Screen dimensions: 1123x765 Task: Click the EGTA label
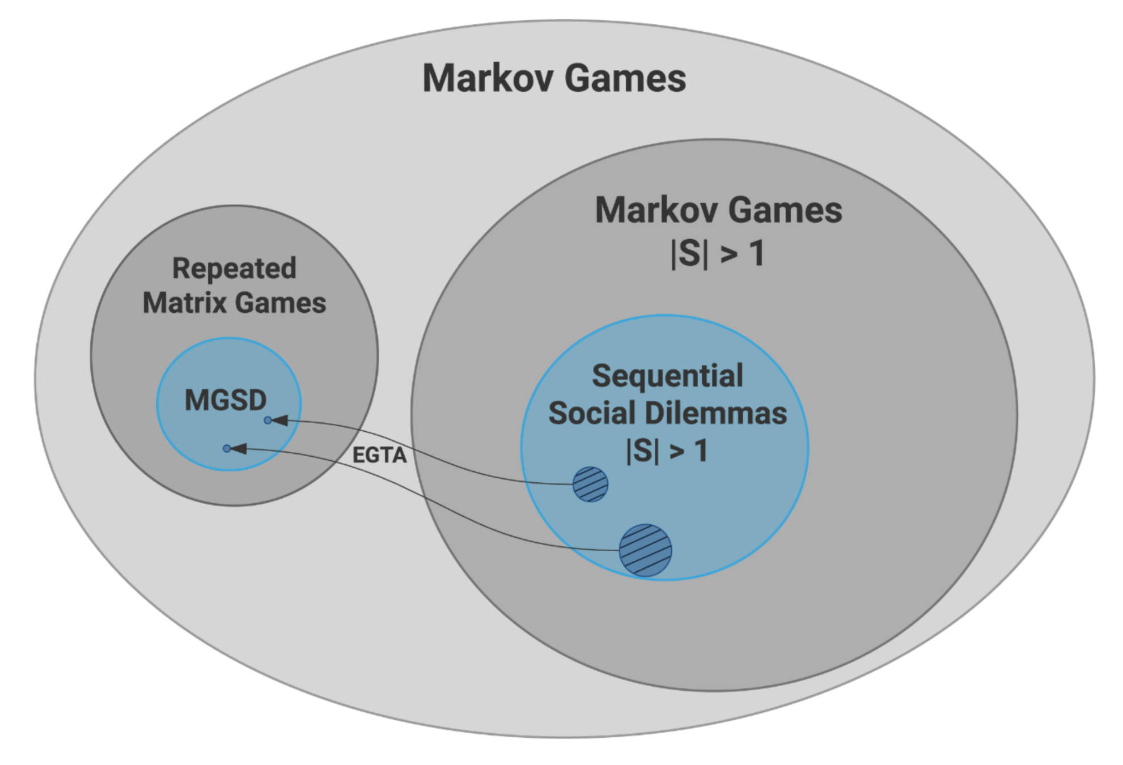point(379,455)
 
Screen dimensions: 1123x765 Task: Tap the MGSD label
point(226,400)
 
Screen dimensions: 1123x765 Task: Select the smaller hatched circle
point(590,484)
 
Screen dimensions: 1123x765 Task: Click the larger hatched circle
point(645,550)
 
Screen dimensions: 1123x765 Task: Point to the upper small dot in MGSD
point(268,420)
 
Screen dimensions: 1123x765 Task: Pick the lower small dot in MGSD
point(227,449)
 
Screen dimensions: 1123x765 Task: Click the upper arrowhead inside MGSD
point(279,420)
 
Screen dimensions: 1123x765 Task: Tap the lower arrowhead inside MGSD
point(239,449)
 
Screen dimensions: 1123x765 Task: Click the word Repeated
point(234,269)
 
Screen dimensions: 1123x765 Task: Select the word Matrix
point(185,303)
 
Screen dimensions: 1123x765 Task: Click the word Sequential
point(667,376)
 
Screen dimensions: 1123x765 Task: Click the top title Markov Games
point(554,78)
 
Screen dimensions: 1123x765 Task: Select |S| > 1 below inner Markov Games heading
point(718,253)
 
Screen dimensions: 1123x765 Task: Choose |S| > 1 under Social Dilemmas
point(667,452)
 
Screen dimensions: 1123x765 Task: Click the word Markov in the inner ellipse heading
point(656,210)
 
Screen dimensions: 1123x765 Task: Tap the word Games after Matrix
point(281,303)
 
